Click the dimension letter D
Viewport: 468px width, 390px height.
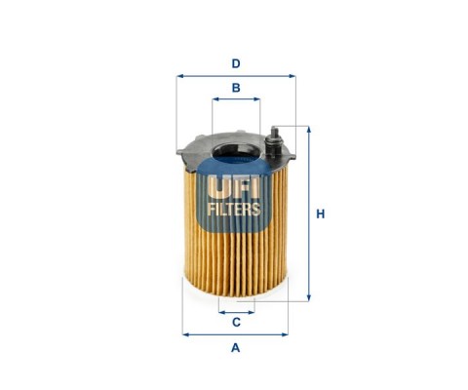[236, 63]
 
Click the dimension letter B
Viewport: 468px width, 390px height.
[236, 88]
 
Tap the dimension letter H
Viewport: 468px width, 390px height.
[321, 214]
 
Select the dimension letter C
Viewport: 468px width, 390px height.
[236, 323]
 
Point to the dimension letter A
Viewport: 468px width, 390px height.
[236, 348]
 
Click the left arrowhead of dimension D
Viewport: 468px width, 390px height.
[180, 76]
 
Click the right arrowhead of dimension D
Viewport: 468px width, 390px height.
[292, 76]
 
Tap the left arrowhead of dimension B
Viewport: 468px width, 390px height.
[215, 99]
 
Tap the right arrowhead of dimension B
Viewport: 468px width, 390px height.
[256, 99]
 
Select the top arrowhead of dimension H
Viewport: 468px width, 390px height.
[309, 130]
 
